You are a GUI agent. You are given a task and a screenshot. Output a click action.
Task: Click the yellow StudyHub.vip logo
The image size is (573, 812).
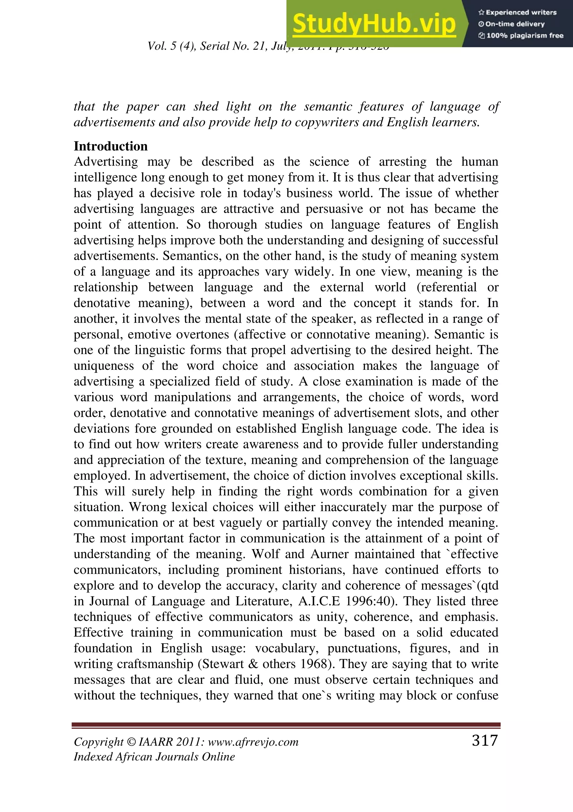(374, 24)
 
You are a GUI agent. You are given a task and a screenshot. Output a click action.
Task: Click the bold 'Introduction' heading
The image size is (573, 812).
(111, 146)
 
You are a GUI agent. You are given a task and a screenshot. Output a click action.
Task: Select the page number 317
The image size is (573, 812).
(485, 740)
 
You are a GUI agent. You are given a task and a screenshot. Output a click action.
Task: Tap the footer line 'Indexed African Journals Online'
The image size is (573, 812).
(154, 757)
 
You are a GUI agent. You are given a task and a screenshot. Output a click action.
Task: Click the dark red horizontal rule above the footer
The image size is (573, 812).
(286, 725)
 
